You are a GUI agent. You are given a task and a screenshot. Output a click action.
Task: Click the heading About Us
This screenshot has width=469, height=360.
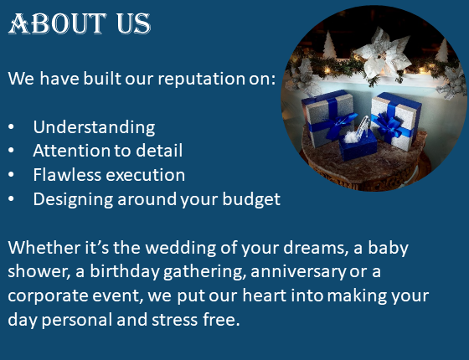(80, 23)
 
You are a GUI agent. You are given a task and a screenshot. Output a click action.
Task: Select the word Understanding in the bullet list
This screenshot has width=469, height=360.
(94, 127)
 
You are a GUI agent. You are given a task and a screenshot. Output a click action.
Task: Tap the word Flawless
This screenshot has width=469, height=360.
(67, 175)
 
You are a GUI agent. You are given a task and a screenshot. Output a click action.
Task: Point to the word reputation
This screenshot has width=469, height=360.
(202, 79)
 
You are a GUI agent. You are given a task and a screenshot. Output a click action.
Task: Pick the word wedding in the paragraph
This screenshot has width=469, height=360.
(180, 248)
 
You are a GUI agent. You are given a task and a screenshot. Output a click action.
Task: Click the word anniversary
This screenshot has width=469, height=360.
(298, 272)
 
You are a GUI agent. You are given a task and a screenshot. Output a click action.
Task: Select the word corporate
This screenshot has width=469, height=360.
(48, 296)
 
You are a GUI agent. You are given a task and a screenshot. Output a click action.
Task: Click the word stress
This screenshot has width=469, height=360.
(174, 320)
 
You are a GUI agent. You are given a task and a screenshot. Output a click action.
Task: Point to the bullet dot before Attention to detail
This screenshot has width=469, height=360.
(11, 151)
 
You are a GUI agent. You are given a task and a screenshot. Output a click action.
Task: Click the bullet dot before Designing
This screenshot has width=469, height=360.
(11, 199)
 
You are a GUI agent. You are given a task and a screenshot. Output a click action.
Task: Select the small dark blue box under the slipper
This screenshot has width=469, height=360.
(358, 146)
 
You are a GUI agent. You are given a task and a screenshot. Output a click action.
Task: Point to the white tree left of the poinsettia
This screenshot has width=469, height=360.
(329, 45)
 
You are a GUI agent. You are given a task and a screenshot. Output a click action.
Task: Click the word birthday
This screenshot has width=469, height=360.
(125, 272)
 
